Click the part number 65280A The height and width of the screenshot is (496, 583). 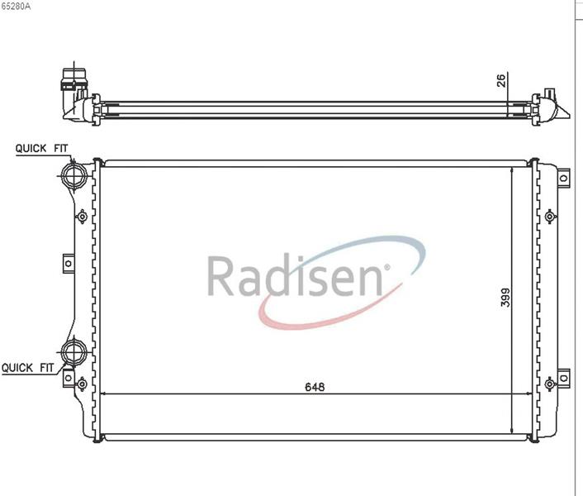point(15,7)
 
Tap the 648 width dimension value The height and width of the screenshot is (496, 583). point(315,387)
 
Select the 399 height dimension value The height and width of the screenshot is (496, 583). point(505,298)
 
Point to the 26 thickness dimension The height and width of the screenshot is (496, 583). point(501,80)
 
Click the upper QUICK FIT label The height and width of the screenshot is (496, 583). point(41,149)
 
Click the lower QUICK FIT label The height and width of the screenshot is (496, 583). point(28,368)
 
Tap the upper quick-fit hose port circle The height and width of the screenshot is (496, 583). point(75,175)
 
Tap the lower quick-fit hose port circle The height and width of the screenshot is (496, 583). point(74,352)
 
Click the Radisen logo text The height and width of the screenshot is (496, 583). point(295,276)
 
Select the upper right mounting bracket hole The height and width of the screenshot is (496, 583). point(564,179)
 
